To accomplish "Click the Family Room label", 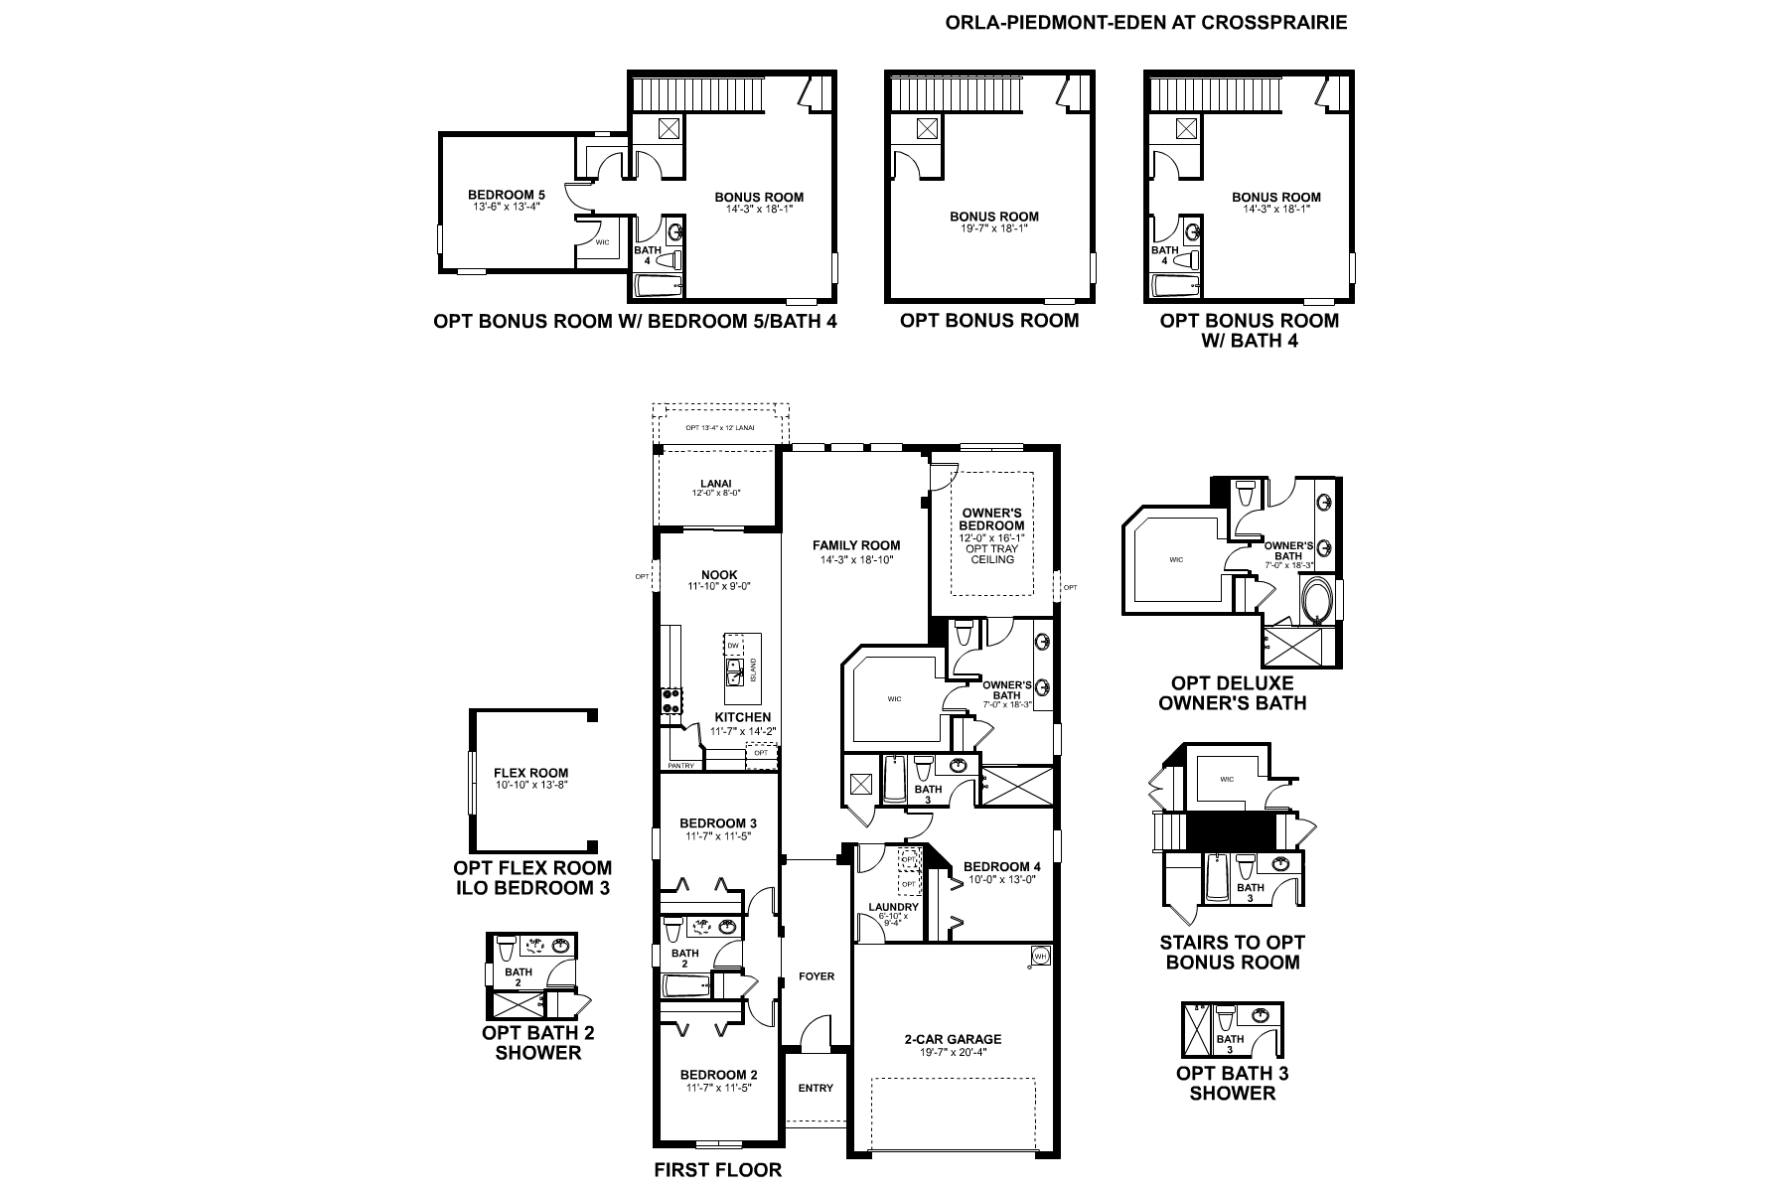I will coord(855,544).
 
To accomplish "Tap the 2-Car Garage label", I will coord(952,1039).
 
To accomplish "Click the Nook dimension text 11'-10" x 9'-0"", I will coord(718,586).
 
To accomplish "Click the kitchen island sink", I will coord(736,677).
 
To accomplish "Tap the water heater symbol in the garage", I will coord(1040,956).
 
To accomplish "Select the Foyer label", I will coord(817,976).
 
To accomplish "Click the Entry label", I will coord(816,1088).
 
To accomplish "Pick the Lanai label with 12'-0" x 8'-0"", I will coord(716,484).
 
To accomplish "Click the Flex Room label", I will coord(530,773).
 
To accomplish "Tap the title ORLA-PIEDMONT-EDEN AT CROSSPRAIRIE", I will coord(1147,22).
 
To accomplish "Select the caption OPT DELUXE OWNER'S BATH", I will coord(1232,693).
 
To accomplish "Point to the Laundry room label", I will coord(893,907).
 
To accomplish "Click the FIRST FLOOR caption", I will coord(717,1169).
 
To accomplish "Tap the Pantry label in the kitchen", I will coord(680,766).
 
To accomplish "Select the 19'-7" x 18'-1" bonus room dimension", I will coord(993,228).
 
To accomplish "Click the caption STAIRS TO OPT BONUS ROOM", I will coord(1232,952).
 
